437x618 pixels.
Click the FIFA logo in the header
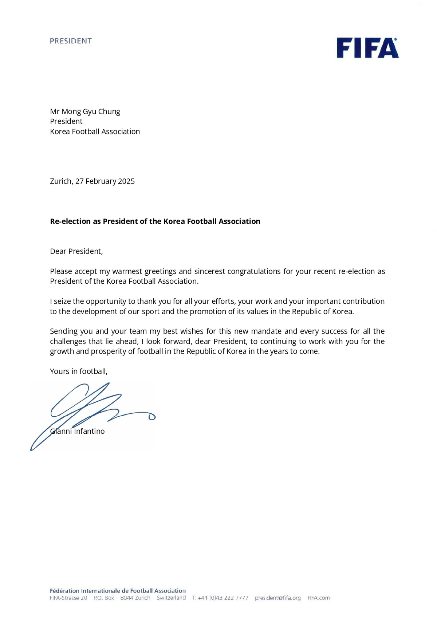click(367, 48)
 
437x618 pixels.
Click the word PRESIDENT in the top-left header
click(71, 41)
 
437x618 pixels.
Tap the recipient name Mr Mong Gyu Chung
click(85, 111)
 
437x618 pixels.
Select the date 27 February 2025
click(105, 181)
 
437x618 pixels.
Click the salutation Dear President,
click(76, 251)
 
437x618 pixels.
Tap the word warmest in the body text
click(127, 272)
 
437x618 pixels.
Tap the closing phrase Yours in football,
click(79, 371)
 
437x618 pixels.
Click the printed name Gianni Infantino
click(77, 431)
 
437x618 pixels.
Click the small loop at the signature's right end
click(152, 417)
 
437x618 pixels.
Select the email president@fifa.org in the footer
click(278, 598)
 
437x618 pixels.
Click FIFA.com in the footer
click(318, 598)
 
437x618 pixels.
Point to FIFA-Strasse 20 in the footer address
click(68, 598)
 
